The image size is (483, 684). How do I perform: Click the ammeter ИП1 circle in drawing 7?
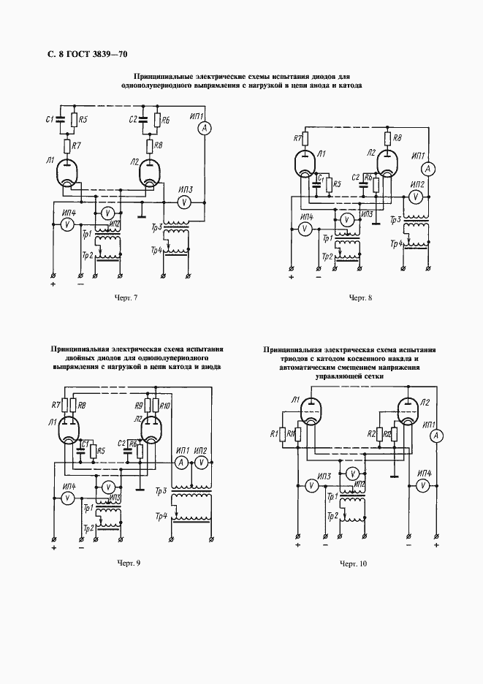205,126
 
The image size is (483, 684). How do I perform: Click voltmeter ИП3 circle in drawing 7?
185,202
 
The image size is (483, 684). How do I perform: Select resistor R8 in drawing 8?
389,138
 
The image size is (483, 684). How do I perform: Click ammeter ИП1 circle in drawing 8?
430,169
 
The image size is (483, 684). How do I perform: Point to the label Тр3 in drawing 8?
395,221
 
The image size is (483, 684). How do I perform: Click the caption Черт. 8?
360,297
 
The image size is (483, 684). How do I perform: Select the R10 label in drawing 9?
166,405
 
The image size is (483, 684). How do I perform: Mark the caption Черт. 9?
128,563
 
